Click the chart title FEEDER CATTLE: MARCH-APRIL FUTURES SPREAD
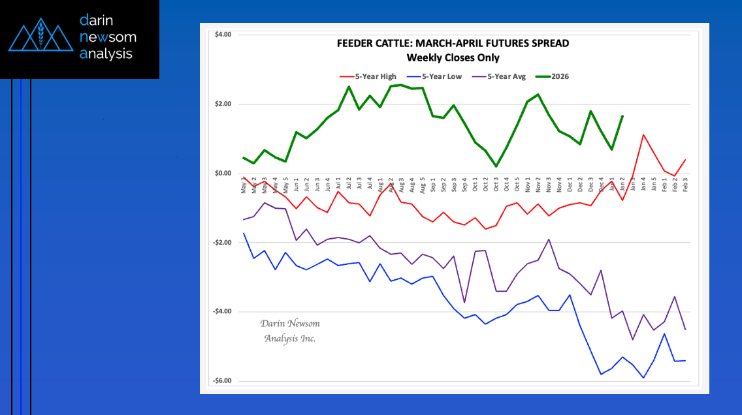[x=453, y=44]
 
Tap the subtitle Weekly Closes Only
[x=453, y=57]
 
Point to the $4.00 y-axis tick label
[x=223, y=35]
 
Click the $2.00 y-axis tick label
[x=223, y=104]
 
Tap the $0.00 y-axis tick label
[x=223, y=174]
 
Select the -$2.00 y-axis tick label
[x=222, y=243]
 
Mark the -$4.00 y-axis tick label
[x=222, y=312]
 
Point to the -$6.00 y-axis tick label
[x=222, y=381]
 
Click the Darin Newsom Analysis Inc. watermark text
[x=290, y=331]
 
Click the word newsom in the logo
[x=108, y=37]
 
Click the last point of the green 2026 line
[x=622, y=116]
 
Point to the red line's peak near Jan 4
[x=643, y=135]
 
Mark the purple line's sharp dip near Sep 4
[x=464, y=302]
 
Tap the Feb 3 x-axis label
[x=685, y=186]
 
